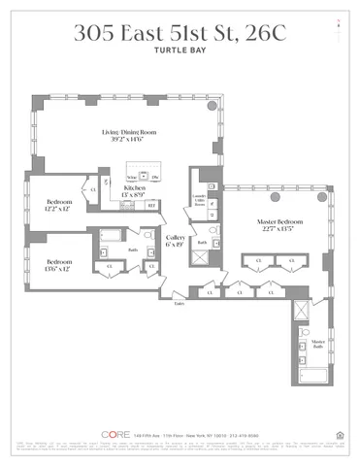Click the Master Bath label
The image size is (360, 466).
[316, 347]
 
